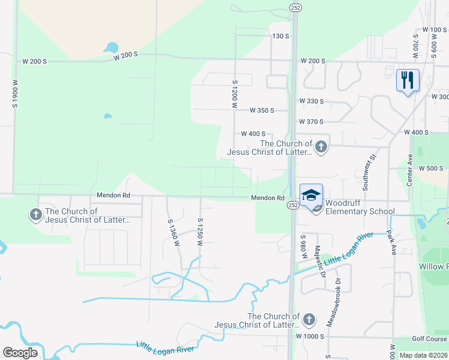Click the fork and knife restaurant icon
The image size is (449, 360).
click(x=408, y=80)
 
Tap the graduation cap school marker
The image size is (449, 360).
click(x=311, y=195)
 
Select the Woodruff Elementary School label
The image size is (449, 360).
click(x=360, y=211)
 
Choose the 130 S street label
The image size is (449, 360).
click(x=281, y=37)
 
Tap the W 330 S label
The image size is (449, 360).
click(x=312, y=101)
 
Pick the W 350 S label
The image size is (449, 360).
click(x=262, y=110)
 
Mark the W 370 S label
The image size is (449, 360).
click(x=312, y=122)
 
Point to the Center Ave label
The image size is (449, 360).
click(x=411, y=169)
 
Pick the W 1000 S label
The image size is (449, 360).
click(x=310, y=337)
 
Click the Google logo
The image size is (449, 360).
click(x=20, y=352)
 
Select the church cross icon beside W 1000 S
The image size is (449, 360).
click(x=309, y=319)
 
